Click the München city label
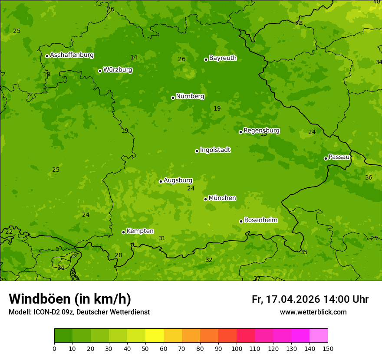click(x=222, y=198)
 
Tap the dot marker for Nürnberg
click(x=173, y=98)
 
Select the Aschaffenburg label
click(x=72, y=55)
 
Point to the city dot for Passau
click(x=326, y=158)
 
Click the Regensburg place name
click(x=261, y=131)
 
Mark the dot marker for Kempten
click(x=123, y=232)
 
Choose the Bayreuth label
click(x=223, y=58)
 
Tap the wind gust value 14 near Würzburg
click(x=134, y=58)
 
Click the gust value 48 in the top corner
click(x=377, y=2)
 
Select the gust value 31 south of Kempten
click(x=162, y=239)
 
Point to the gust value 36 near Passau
click(x=369, y=178)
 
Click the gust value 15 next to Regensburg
click(x=263, y=134)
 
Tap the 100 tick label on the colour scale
click(x=237, y=348)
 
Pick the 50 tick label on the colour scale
click(x=145, y=348)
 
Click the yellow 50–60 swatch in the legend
click(x=155, y=336)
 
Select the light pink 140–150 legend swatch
click(x=319, y=336)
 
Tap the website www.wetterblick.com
click(x=313, y=312)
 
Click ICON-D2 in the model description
click(x=46, y=312)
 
